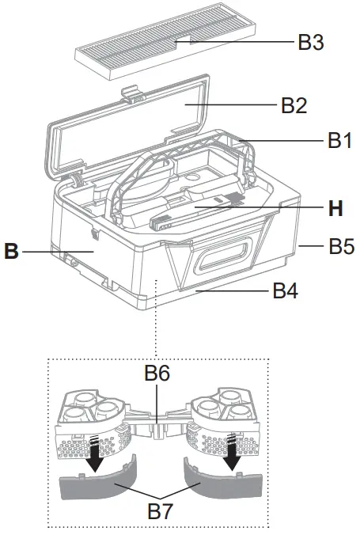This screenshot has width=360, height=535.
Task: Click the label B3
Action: click(x=311, y=41)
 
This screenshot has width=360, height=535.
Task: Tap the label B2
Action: click(x=294, y=105)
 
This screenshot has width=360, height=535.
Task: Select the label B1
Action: click(x=341, y=141)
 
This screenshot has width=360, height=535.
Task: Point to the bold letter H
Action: click(x=336, y=209)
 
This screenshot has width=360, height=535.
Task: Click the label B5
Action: click(x=342, y=246)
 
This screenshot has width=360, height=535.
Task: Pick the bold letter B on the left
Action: click(x=11, y=252)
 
